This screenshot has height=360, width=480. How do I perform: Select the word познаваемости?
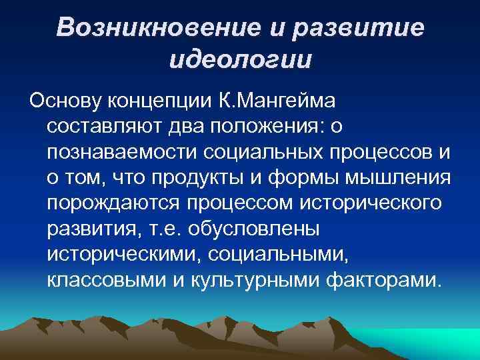(121, 151)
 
